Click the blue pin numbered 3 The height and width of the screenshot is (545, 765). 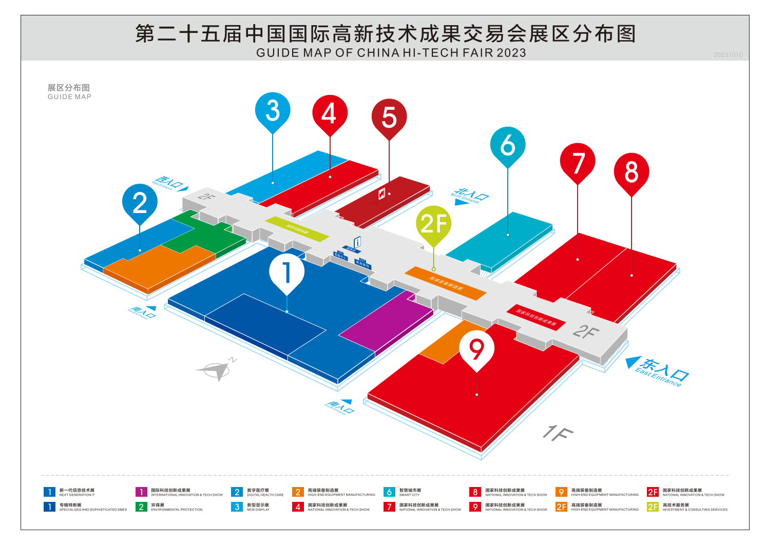tap(273, 110)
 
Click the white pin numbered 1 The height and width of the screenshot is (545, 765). tap(286, 271)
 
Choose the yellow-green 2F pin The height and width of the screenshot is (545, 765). tap(434, 224)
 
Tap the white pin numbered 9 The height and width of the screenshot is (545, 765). tap(476, 349)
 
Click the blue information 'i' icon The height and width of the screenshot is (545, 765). tap(357, 242)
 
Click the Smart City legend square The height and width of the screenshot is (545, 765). tap(389, 492)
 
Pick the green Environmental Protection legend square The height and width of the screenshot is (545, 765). tap(141, 507)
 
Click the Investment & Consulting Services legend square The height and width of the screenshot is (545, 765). tap(653, 507)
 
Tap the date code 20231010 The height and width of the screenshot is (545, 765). tap(728, 55)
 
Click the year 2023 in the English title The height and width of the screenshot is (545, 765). tap(511, 53)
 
